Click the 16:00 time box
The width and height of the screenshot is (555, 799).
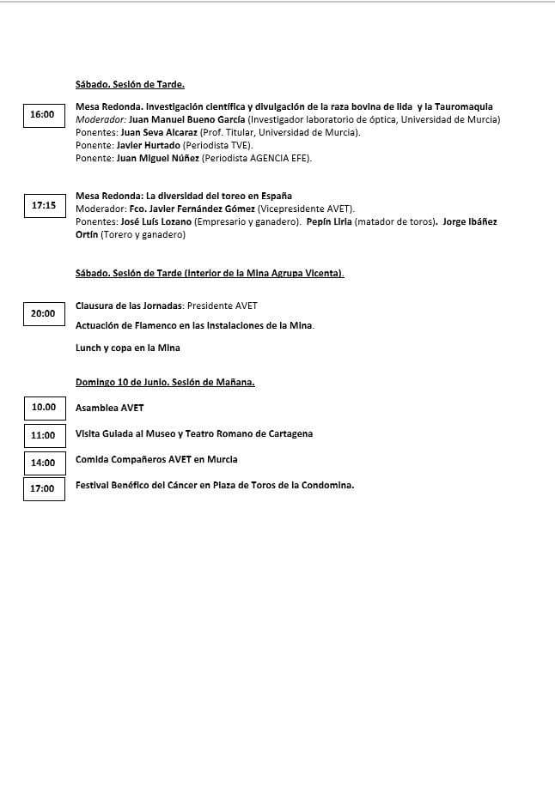point(42,114)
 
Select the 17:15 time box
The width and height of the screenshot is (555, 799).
point(44,206)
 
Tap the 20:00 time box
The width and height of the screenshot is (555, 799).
point(43,314)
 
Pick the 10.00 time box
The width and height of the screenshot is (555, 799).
point(44,407)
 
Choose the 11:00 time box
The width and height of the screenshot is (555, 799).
point(44,435)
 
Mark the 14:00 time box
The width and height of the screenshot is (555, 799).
point(44,463)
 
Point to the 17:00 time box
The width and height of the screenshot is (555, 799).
point(43,488)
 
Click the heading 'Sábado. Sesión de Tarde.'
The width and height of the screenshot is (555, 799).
point(130,84)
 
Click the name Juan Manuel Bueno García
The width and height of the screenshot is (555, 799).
point(186,119)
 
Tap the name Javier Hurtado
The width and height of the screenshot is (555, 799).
point(149,145)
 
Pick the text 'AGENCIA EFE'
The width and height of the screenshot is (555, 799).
point(280,158)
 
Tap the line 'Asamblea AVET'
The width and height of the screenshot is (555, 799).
point(110,408)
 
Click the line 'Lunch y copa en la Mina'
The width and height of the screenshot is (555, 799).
point(128,348)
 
